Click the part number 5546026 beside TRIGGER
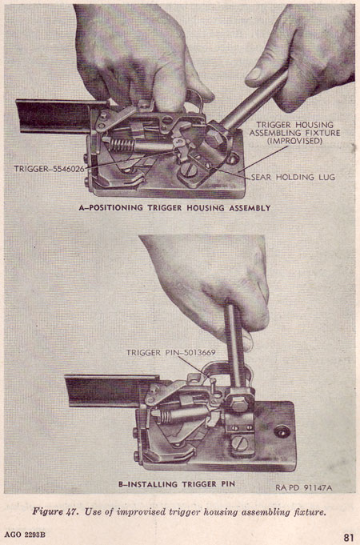coord(68,169)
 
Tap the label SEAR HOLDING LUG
coord(293,177)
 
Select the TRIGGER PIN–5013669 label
coord(170,353)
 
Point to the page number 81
coord(349,536)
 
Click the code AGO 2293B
coord(25,535)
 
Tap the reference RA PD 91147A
coord(304,487)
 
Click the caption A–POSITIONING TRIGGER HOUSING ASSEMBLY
coord(174,208)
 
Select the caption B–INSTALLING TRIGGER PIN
coord(177,484)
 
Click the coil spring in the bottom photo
coord(167,415)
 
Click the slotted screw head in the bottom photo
coord(239,443)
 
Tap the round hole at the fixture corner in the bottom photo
coord(282,431)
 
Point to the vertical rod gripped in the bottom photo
coord(234,345)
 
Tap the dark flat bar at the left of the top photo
coord(55,116)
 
